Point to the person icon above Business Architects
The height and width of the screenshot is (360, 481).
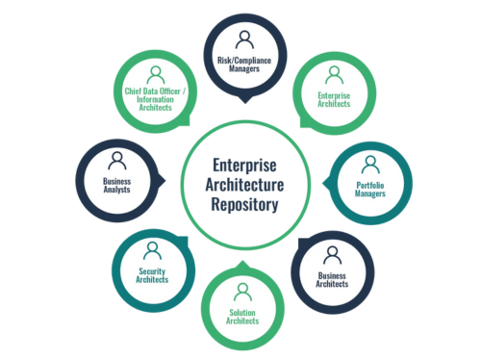tap(332, 254)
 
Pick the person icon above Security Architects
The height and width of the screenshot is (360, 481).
tap(151, 250)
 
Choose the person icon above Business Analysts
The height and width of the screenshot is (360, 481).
tap(115, 159)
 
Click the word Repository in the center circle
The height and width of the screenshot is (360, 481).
tap(241, 204)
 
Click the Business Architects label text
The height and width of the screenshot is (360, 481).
tap(332, 279)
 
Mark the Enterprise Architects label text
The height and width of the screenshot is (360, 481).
tap(332, 100)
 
